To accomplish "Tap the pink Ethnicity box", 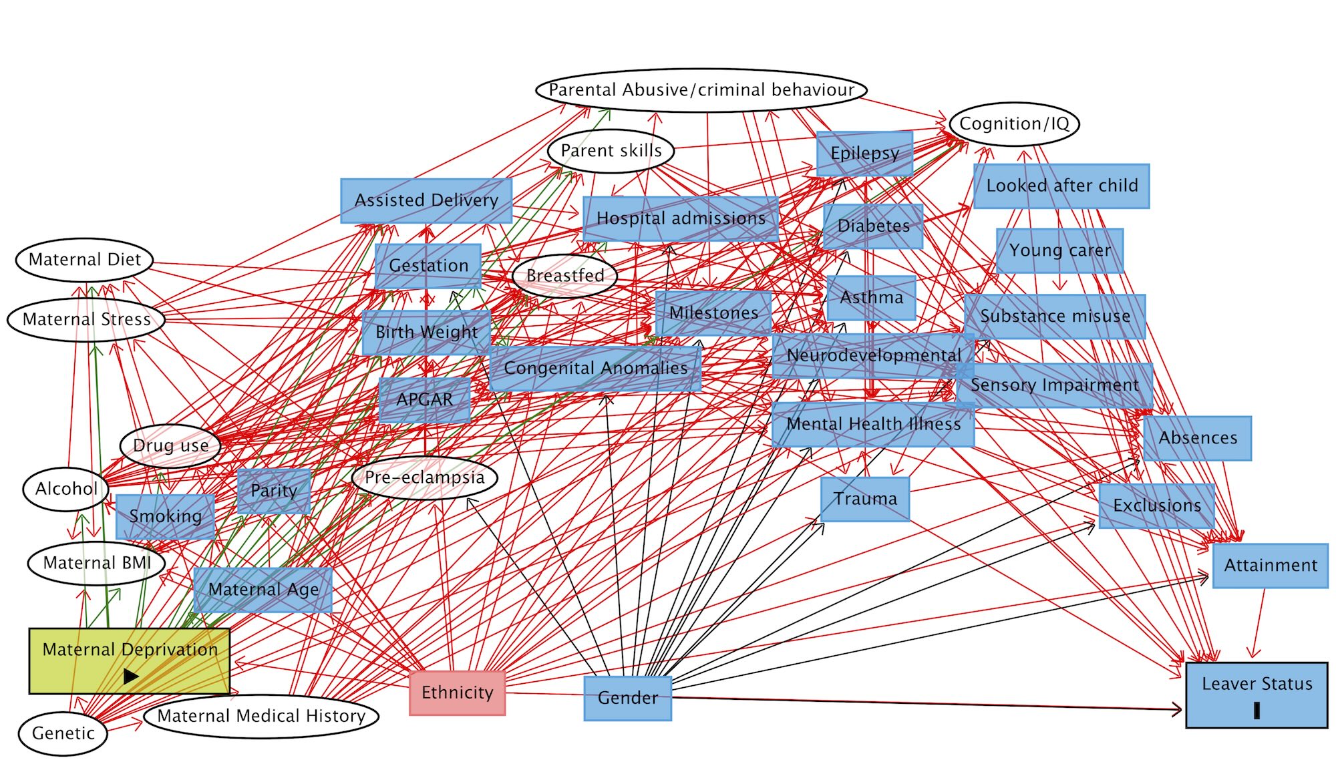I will coord(458,693).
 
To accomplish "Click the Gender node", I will coord(627,698).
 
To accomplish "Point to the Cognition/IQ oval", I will coord(1014,124).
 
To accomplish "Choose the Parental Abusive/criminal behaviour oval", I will coord(701,90).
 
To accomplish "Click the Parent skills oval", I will coord(611,151).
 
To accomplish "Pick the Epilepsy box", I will coord(864,154).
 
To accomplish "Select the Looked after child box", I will coord(1061,186).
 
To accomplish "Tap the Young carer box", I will coord(1059,250).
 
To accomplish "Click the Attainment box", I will coord(1270,566).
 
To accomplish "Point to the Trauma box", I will coord(865,499).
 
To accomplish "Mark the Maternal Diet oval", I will coord(85,260).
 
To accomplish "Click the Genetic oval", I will coord(63,733).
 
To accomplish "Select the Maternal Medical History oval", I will coord(261,716).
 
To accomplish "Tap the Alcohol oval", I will coord(66,489).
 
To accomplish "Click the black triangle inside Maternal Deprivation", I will coord(131,677).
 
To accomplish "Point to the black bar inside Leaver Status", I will coord(1257,711).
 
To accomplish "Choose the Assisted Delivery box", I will coord(426,200).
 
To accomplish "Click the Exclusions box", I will coord(1157,506).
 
